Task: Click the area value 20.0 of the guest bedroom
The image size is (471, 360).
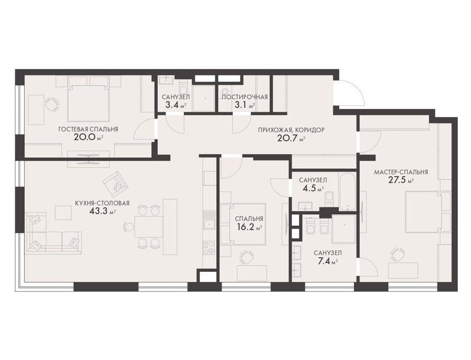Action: (x=85, y=138)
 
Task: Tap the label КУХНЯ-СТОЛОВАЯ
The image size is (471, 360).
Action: (x=103, y=204)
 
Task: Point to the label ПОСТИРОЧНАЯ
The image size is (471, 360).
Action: (x=244, y=97)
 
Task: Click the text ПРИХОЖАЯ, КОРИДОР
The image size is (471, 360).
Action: (x=291, y=130)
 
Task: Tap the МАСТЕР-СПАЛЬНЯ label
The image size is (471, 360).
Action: (x=401, y=173)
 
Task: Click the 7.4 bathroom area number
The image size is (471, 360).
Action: (x=324, y=261)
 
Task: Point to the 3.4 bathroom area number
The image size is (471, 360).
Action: (x=172, y=105)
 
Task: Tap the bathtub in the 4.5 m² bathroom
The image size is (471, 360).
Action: (x=347, y=191)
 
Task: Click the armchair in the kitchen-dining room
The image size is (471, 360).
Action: (x=115, y=183)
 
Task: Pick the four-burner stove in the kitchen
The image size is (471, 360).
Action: (x=209, y=248)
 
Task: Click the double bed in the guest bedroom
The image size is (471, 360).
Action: (x=88, y=103)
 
